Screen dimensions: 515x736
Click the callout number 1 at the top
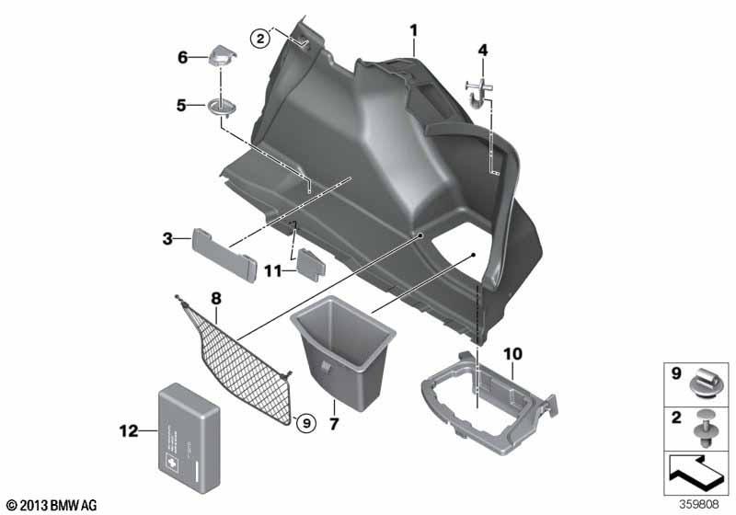(414, 30)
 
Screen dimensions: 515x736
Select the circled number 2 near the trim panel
(261, 38)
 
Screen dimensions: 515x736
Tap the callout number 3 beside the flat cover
(167, 239)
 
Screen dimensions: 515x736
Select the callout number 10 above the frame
(512, 353)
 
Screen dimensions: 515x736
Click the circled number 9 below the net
(305, 422)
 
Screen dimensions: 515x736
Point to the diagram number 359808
(704, 504)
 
